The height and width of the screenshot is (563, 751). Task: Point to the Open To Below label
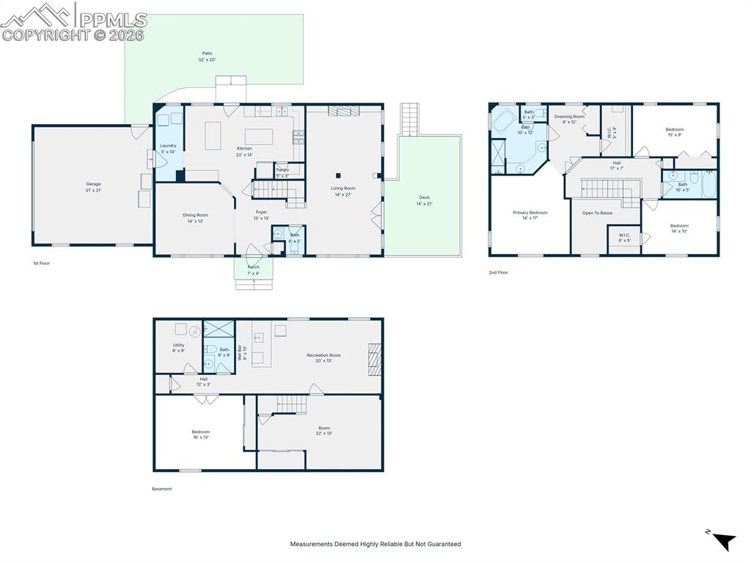pos(597,213)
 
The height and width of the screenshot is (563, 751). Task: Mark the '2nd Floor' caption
pos(499,272)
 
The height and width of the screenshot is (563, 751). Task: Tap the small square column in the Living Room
pos(339,175)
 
